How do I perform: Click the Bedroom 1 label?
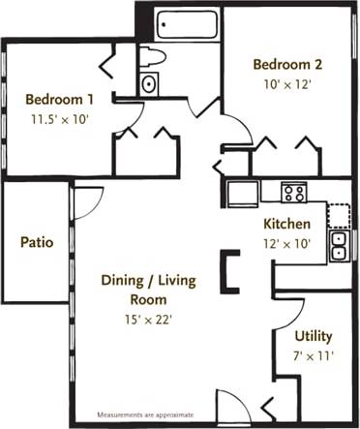point(59,99)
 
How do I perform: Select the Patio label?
point(37,241)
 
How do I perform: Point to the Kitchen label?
point(287,225)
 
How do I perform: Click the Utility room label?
point(314,336)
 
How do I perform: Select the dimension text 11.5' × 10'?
point(59,118)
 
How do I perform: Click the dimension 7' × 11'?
point(314,355)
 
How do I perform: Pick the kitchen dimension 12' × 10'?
point(287,244)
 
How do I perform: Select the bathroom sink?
point(149,84)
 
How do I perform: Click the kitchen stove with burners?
point(293,192)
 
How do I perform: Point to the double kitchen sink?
point(339,246)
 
